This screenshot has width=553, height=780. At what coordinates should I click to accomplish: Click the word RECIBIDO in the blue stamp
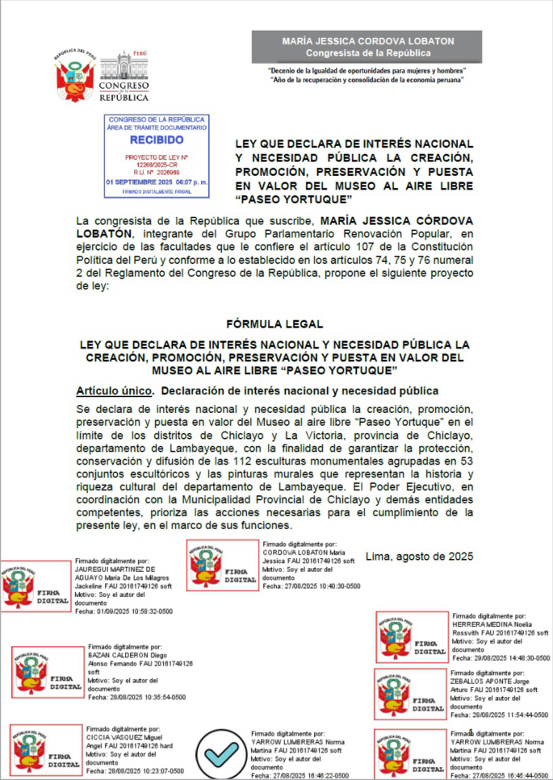pos(157,139)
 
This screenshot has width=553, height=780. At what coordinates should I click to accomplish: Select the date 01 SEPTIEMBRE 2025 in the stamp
pos(157,182)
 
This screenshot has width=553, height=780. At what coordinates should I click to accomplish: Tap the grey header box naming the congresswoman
pos(367,47)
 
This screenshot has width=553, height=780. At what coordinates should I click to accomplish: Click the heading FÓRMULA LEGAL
pos(276,323)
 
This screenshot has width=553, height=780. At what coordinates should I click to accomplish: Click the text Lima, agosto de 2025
pos(419,556)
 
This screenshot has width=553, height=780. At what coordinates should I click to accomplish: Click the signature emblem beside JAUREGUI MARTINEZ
pos(36,586)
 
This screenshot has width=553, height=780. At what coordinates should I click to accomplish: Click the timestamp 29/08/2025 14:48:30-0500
pos(501,657)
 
